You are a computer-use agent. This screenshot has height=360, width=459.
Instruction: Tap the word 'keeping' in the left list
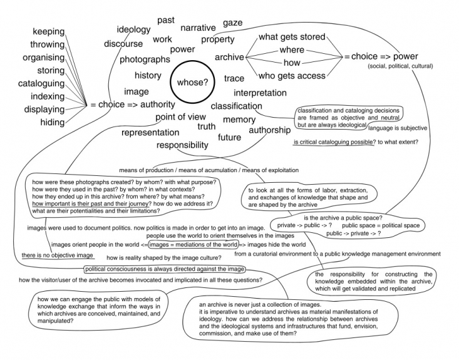click(48, 31)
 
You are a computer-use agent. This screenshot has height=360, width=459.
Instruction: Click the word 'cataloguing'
click(41, 83)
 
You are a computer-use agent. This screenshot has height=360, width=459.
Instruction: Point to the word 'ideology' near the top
click(134, 29)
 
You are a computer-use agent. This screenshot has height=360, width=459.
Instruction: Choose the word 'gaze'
click(232, 23)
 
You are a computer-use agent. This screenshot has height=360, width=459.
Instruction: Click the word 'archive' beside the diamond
click(229, 57)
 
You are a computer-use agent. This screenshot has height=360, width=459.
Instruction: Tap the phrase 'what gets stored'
click(292, 37)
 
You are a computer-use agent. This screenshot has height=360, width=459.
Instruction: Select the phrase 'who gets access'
click(292, 76)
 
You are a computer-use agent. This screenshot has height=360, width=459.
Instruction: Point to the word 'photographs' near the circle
click(145, 59)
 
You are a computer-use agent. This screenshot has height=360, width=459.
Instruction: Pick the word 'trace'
click(234, 78)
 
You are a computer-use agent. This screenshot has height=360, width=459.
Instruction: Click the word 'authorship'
click(270, 130)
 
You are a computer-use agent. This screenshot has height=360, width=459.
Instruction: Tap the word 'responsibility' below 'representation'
click(182, 145)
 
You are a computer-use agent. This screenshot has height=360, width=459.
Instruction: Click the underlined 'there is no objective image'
click(57, 255)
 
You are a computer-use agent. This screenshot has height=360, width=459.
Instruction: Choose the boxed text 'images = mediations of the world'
click(194, 244)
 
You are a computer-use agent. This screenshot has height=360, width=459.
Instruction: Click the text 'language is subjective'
click(398, 128)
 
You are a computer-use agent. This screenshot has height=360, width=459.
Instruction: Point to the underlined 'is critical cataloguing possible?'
click(334, 142)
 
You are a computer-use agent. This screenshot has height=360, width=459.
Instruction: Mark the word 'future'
click(230, 137)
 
